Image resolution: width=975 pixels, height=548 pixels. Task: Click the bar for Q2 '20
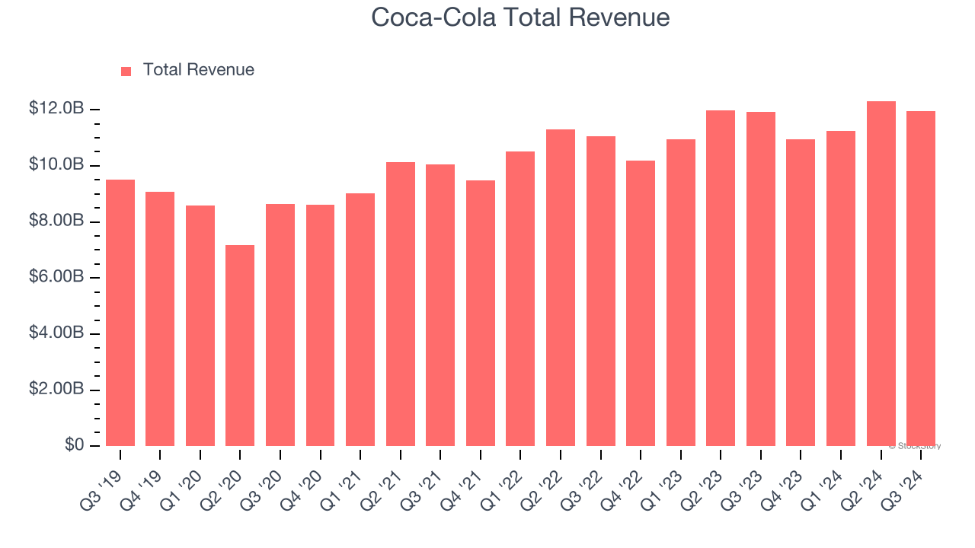[x=240, y=346]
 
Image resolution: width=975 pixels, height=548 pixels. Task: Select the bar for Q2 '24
[x=881, y=274]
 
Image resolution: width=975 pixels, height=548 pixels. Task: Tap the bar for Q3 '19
[x=120, y=313]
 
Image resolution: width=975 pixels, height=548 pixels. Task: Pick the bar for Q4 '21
[x=481, y=314]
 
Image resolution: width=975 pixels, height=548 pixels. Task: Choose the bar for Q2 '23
[x=721, y=279]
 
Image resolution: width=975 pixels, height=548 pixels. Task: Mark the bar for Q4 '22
[x=641, y=304]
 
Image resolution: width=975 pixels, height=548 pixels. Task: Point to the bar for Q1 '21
[x=360, y=320]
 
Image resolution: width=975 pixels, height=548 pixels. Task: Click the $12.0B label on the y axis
[x=56, y=109]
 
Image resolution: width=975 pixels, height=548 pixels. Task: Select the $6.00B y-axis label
[x=56, y=277]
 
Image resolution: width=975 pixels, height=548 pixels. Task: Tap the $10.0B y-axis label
[x=56, y=165]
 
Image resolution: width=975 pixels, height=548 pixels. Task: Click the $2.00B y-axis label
[x=56, y=389]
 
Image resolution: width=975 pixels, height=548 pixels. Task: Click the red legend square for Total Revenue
[x=126, y=71]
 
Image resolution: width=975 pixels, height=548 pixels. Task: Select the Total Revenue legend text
[x=198, y=70]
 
